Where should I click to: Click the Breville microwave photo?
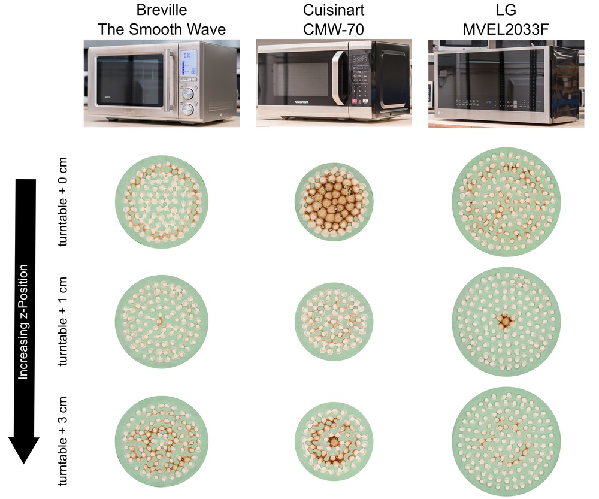coord(162,81)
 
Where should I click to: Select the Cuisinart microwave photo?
coord(334,83)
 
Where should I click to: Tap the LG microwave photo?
coord(506,83)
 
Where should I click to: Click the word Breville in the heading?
coord(162,11)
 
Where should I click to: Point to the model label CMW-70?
coord(334,29)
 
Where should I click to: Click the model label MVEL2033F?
coord(506,29)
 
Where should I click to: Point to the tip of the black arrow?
coord(24,462)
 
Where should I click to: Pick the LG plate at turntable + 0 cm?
coord(506,202)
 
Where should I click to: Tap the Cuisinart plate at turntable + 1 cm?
coord(334,322)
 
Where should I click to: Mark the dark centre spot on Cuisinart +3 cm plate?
coord(334,441)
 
